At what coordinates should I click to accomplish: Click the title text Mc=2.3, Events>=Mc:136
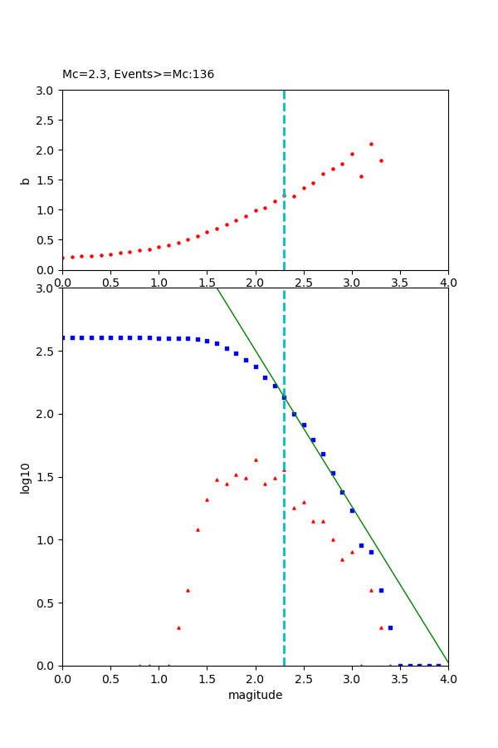138,74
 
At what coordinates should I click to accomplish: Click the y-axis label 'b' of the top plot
25,180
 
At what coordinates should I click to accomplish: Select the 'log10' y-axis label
25,478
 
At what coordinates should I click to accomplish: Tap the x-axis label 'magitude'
255,695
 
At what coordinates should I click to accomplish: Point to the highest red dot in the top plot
371,144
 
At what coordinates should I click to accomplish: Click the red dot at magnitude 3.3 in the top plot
381,160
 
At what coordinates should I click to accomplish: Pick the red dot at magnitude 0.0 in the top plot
62,258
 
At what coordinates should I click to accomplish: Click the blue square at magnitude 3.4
390,627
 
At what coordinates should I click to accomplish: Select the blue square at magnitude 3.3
381,590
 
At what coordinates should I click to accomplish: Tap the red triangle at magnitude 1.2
178,627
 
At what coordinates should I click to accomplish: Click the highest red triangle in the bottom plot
256,460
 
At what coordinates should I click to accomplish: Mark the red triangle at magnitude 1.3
188,590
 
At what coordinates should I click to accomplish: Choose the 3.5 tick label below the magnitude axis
400,678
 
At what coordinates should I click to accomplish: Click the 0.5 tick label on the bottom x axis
110,678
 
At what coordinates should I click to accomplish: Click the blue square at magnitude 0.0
62,337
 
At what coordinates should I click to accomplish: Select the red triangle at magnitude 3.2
371,590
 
